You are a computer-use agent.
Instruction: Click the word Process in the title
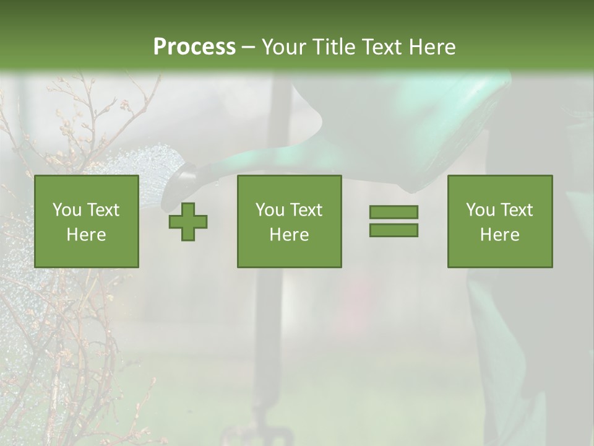[x=194, y=47]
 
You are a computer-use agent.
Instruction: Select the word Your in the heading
[x=283, y=47]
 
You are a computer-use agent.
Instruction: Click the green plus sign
[x=188, y=222]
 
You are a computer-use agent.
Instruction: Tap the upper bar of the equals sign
[x=394, y=212]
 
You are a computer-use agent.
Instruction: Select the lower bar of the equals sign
[x=394, y=230]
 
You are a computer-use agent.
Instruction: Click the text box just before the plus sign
[x=87, y=221]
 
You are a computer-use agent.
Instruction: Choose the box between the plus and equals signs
[x=289, y=221]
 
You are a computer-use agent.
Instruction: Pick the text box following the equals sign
[x=499, y=221]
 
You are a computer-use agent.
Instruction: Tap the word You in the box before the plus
[x=66, y=210]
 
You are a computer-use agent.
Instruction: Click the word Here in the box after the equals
[x=499, y=234]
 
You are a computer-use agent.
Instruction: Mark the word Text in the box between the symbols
[x=306, y=210]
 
